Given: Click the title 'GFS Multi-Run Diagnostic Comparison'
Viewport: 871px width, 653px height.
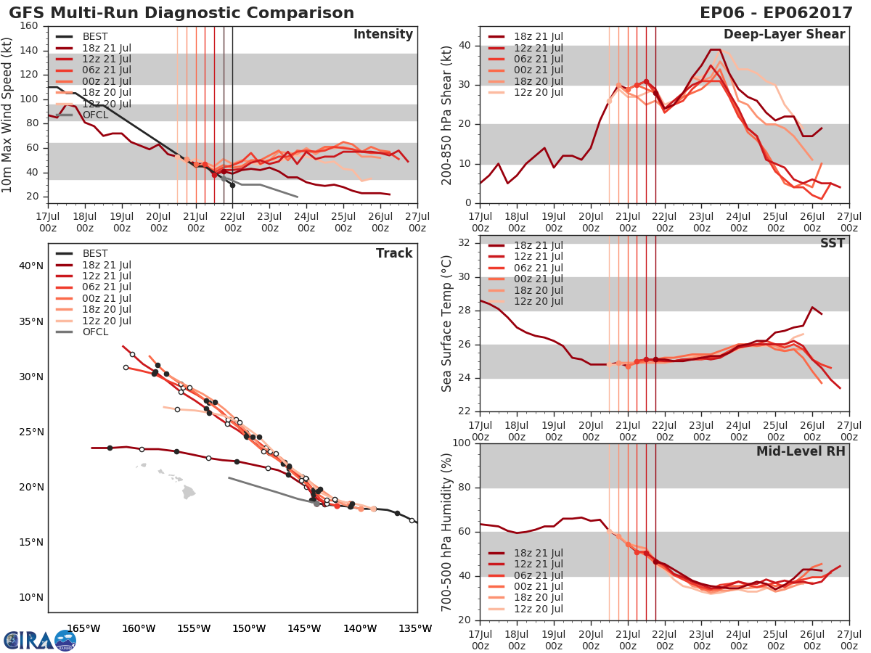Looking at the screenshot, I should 181,13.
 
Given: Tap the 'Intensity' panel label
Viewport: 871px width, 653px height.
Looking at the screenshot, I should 383,35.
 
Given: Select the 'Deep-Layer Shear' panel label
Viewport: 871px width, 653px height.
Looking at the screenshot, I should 784,35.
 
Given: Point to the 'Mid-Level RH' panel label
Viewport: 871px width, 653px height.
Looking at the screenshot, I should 801,451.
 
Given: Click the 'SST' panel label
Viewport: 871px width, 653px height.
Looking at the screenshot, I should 833,243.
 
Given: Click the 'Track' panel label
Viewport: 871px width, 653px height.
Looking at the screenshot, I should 394,253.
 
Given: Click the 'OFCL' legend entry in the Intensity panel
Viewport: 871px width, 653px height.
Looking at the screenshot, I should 95,115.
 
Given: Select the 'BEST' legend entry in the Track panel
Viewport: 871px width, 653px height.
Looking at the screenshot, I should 95,254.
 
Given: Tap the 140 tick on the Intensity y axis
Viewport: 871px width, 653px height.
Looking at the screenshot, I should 29,50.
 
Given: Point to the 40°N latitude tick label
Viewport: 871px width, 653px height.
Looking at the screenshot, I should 31,266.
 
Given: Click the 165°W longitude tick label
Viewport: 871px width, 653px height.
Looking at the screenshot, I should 83,628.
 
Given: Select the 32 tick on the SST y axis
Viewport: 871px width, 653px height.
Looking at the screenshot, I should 465,243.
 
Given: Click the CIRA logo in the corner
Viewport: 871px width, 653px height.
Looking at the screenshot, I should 39,640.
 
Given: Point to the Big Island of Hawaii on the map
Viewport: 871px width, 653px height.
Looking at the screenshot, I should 189,493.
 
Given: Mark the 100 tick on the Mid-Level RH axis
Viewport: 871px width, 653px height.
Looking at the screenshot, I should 462,443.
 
